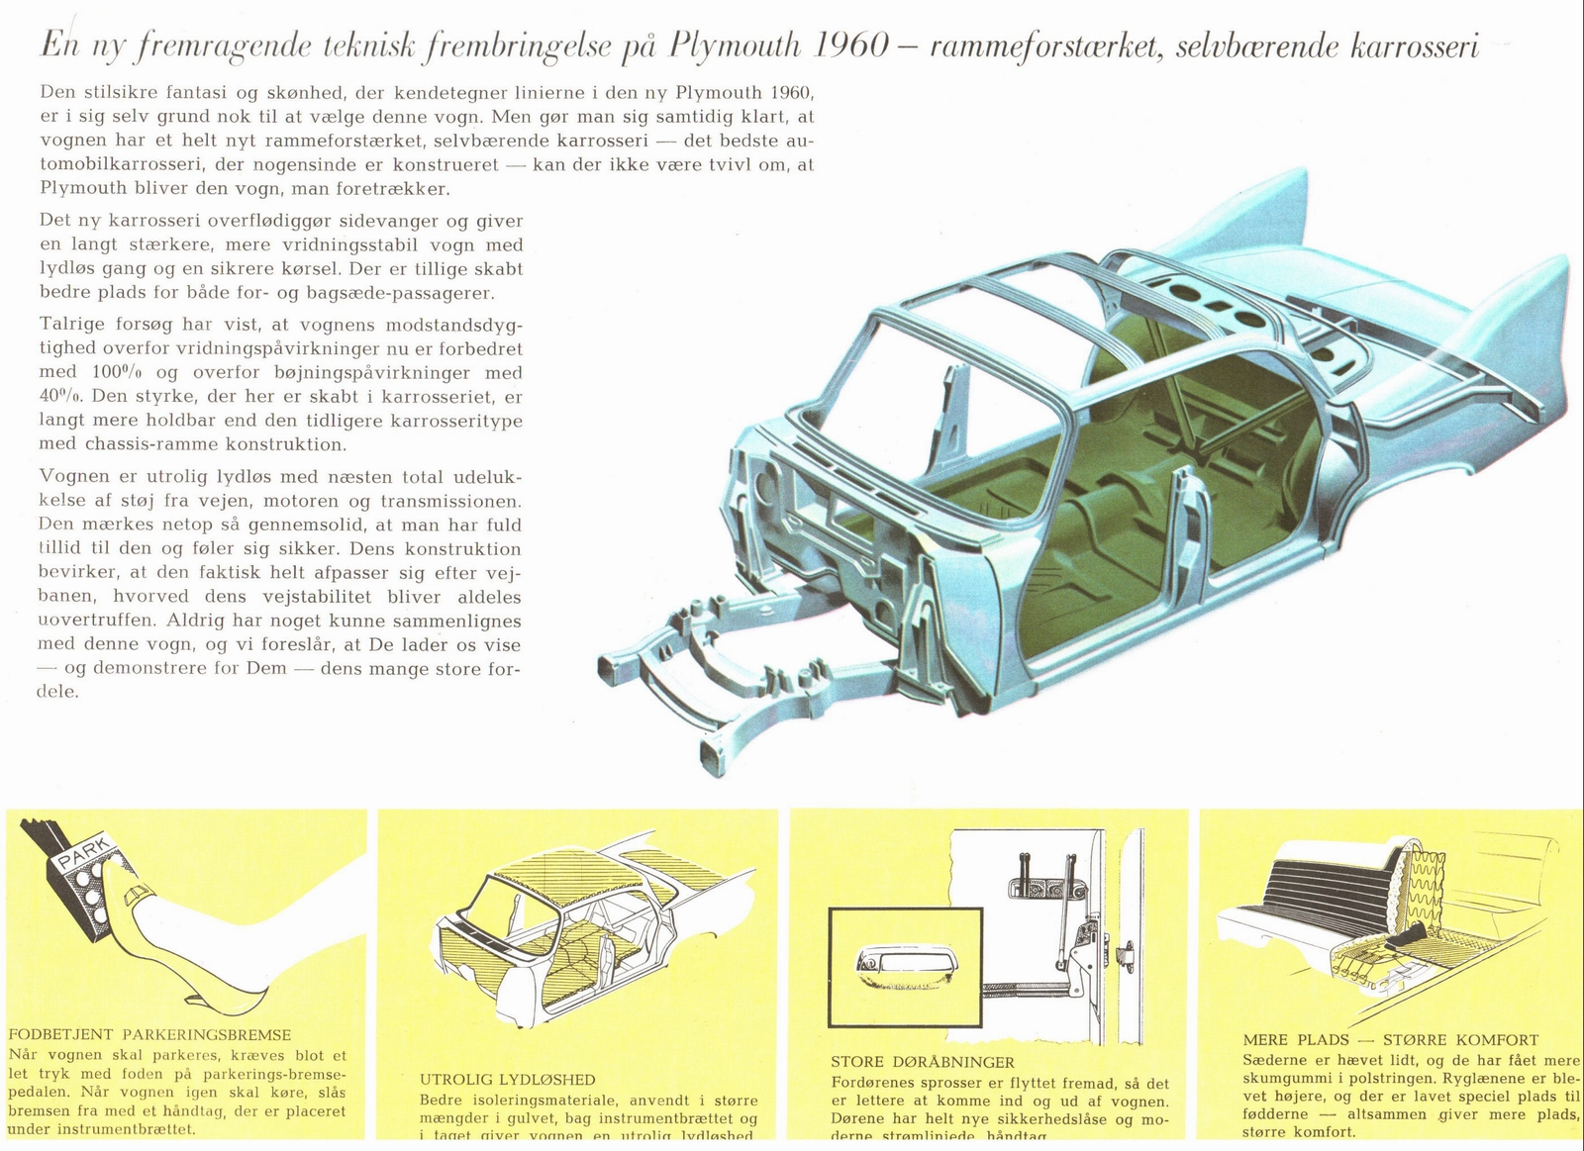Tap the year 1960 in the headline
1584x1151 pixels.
click(x=858, y=46)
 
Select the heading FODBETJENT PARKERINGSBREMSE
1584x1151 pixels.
click(x=149, y=1035)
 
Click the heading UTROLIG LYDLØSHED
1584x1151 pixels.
click(x=507, y=1080)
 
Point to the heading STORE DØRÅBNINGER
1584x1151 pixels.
click(x=922, y=1062)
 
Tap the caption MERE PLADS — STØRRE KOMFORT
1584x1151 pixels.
click(x=1390, y=1040)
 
